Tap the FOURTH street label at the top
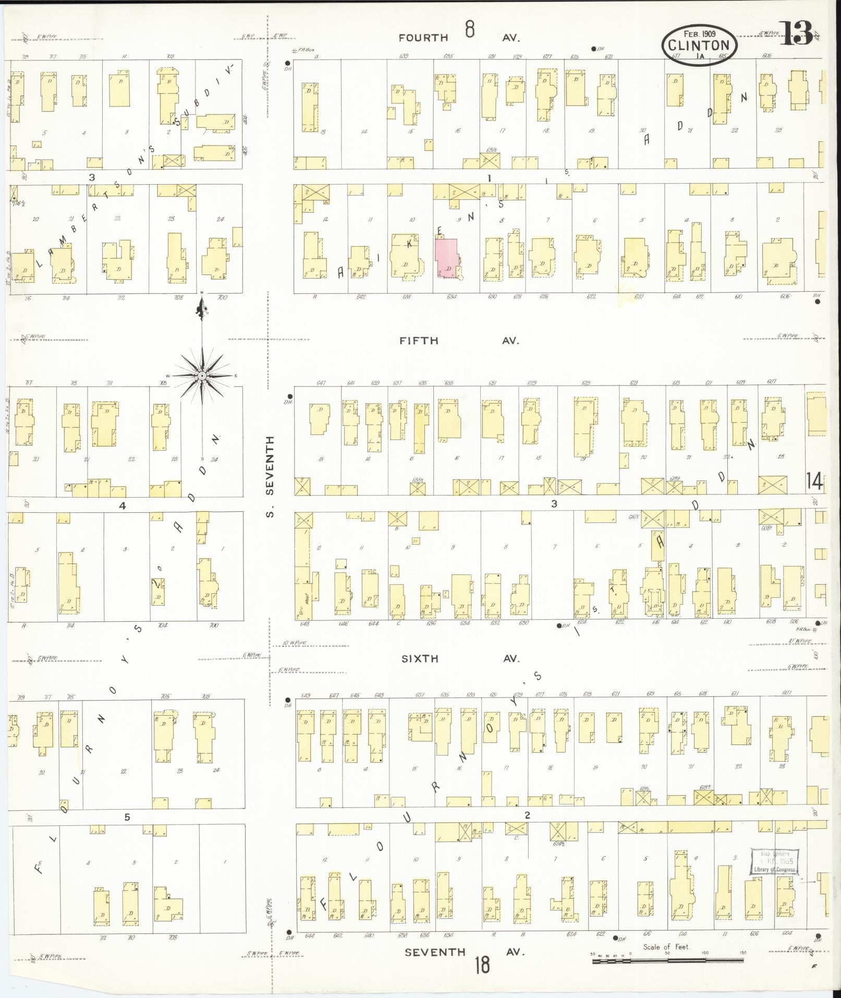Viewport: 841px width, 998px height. point(423,38)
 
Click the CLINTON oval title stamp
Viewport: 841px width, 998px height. point(700,44)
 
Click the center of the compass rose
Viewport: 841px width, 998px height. point(202,376)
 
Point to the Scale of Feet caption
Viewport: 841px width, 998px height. point(666,946)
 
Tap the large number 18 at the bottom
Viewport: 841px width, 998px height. point(482,965)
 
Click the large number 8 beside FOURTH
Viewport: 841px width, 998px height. point(470,30)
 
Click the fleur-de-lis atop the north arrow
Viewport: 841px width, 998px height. point(202,310)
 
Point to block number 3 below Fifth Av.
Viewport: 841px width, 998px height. point(554,503)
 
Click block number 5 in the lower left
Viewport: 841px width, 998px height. point(127,817)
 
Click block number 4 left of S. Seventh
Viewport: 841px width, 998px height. point(123,506)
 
